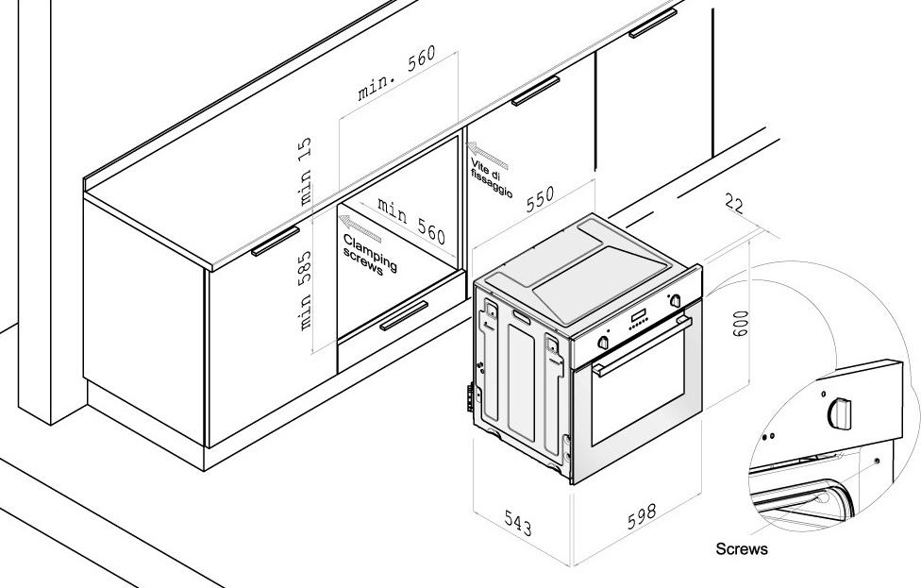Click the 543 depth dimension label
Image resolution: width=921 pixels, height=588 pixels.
pyautogui.click(x=518, y=523)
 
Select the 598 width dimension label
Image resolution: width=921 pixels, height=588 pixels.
pyautogui.click(x=642, y=515)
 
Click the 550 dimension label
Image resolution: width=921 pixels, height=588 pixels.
pyautogui.click(x=540, y=198)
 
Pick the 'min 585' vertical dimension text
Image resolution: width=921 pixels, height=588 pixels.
pyautogui.click(x=305, y=290)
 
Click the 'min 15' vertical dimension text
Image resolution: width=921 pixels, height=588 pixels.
pyautogui.click(x=305, y=170)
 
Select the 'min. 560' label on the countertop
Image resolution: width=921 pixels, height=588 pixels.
pyautogui.click(x=397, y=74)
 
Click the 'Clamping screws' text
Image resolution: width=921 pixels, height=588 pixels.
pyautogui.click(x=370, y=255)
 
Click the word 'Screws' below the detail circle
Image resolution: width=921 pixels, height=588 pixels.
pyautogui.click(x=742, y=549)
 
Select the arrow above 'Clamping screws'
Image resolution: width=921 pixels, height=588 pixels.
pyautogui.click(x=360, y=227)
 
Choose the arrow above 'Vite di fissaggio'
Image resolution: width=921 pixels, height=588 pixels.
pyautogui.click(x=489, y=155)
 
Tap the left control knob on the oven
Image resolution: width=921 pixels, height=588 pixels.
pyautogui.click(x=603, y=343)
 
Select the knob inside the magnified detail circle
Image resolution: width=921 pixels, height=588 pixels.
pyautogui.click(x=839, y=412)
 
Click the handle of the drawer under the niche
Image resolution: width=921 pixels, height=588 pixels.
pyautogui.click(x=404, y=315)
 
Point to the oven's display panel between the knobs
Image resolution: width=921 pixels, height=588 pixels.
pyautogui.click(x=639, y=318)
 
